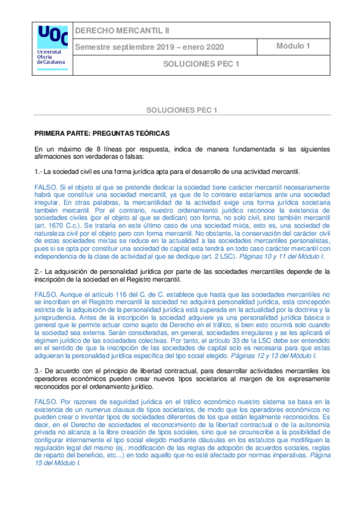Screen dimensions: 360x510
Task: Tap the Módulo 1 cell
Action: coord(293,46)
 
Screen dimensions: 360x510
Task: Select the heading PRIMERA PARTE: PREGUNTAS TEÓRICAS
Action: coord(102,132)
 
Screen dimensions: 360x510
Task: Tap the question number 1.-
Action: coord(38,172)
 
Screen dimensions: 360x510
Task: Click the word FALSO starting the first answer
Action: coord(46,188)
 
